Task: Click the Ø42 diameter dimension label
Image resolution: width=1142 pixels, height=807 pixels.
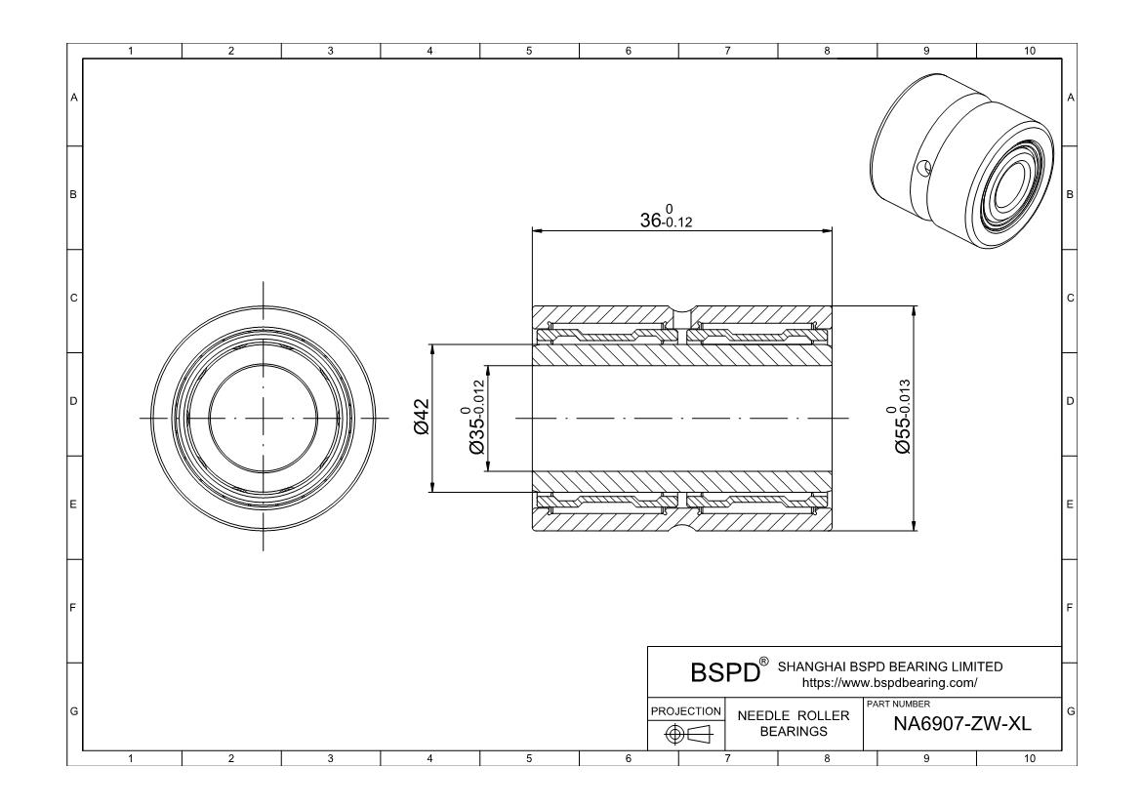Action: tap(422, 417)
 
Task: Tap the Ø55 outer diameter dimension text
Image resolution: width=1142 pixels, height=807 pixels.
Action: tap(903, 420)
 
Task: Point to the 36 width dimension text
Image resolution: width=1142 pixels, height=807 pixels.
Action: tap(667, 218)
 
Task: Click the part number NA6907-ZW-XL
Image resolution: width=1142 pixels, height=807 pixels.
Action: tap(961, 725)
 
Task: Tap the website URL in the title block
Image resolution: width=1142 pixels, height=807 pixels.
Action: tap(888, 683)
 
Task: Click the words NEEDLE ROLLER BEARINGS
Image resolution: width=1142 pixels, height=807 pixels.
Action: tap(793, 723)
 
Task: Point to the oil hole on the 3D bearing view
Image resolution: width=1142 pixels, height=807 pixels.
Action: tap(925, 169)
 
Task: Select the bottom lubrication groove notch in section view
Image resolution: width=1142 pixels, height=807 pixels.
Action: tap(681, 527)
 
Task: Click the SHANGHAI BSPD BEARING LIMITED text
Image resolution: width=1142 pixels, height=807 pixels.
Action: tap(888, 666)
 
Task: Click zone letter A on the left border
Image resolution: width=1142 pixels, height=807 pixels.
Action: tap(73, 98)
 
